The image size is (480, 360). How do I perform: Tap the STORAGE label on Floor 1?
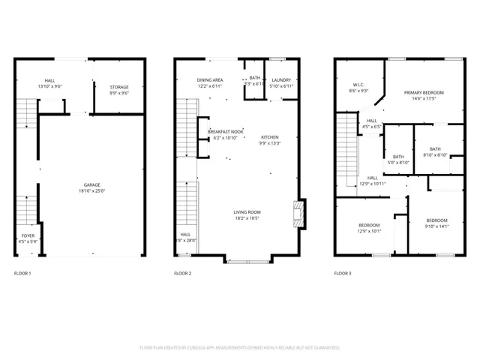pos(119,87)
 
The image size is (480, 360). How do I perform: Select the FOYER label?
pos(28,235)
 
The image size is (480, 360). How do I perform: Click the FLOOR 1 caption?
pos(22,274)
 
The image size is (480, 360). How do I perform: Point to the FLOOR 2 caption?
pos(182,274)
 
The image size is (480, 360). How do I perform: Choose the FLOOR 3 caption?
pos(342,274)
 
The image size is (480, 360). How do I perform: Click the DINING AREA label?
pos(210,79)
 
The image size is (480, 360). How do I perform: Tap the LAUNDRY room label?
pos(281,79)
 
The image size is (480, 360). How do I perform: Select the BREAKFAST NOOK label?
pos(225,132)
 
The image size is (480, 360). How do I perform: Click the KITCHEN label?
pos(269,137)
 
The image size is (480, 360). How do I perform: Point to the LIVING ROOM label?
pos(247,212)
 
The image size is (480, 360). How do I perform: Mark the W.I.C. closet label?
pos(358,85)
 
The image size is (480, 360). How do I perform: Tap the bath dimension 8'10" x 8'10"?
pos(435,155)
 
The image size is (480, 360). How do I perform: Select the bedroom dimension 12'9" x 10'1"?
pos(368,231)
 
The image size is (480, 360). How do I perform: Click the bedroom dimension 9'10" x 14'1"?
pos(436,226)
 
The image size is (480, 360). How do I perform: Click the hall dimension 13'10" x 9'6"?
pos(49,86)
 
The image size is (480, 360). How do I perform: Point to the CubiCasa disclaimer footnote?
pos(240,347)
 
